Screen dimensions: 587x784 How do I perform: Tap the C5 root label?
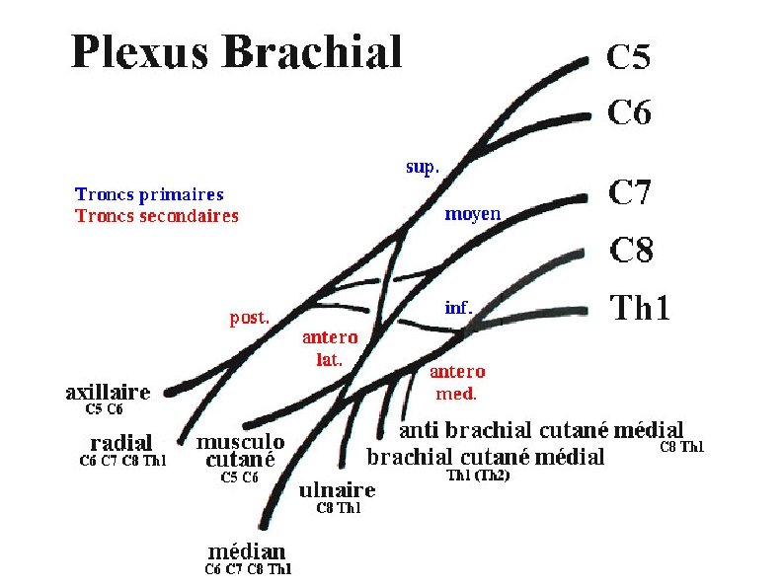(x=628, y=58)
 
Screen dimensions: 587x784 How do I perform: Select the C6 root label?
(x=629, y=113)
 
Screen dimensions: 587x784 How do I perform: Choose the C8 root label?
(x=631, y=251)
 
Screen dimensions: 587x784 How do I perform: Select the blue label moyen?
(x=472, y=213)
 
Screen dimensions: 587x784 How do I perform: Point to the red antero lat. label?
(x=330, y=348)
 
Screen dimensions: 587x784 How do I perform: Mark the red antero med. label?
(x=457, y=382)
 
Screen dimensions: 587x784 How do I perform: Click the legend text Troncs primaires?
(x=149, y=194)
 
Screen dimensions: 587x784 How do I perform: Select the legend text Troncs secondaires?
(x=157, y=215)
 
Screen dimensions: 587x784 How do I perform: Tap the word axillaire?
(x=108, y=392)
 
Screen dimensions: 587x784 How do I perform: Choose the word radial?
(x=121, y=443)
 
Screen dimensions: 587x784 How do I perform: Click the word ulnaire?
(x=337, y=490)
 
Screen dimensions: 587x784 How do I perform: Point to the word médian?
(x=247, y=551)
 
